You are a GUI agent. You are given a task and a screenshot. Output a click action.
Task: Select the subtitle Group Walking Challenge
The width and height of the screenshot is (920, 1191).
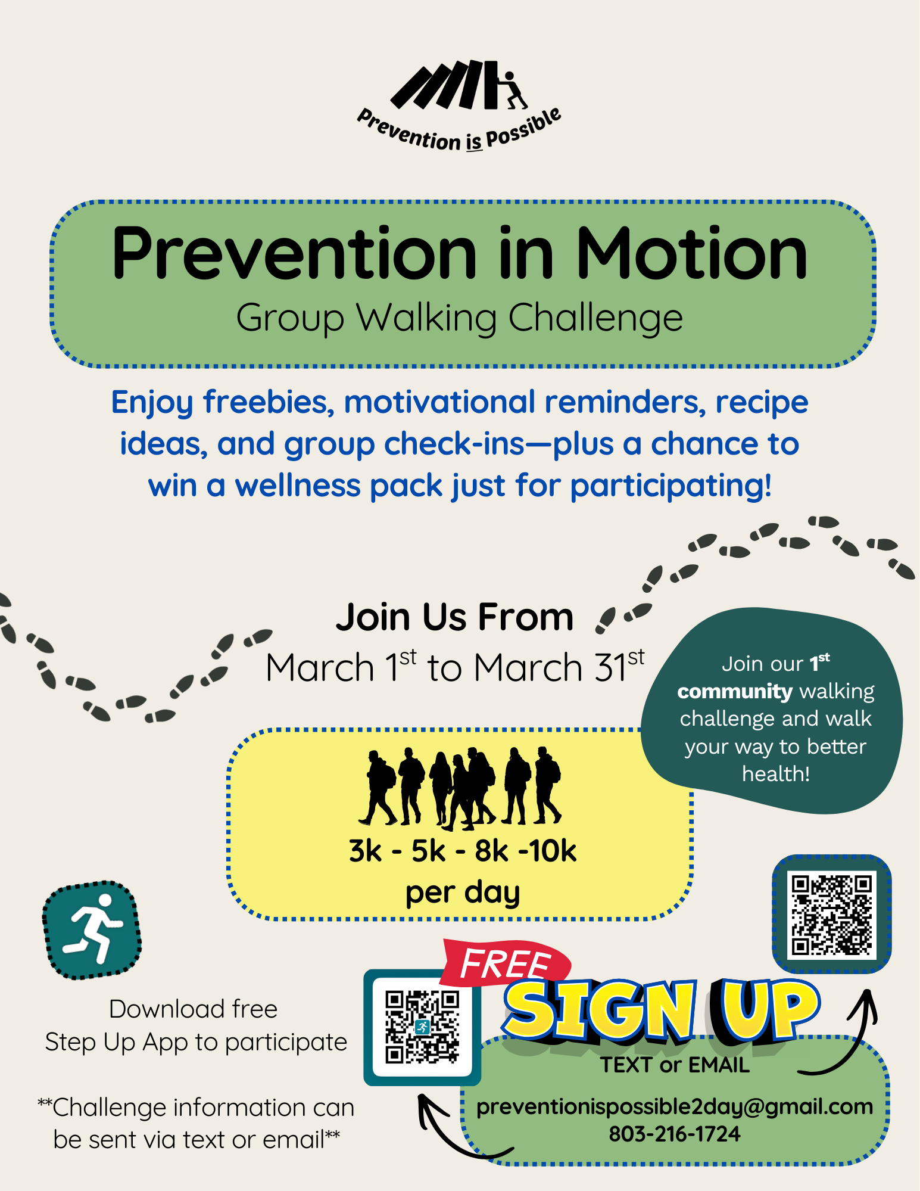point(459,318)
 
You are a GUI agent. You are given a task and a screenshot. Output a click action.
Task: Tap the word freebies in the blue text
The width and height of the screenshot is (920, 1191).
point(268,402)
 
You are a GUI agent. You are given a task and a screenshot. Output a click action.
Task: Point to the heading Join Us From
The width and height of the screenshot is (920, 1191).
point(454,617)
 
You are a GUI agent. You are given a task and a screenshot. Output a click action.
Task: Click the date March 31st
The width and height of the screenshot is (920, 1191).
point(559,667)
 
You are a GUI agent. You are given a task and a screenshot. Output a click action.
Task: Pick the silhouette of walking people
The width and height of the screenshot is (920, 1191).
point(461,786)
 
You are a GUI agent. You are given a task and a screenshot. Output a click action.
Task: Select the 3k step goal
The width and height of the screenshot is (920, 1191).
point(365,851)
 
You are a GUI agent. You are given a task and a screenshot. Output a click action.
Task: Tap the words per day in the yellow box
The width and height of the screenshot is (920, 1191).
point(463,893)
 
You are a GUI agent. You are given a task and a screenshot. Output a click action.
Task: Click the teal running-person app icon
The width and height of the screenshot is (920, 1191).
point(92,930)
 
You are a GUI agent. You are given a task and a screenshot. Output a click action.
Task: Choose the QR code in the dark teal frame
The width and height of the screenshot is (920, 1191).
point(832,915)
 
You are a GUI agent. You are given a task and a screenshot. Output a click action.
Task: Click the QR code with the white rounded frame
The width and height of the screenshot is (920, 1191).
point(422,1027)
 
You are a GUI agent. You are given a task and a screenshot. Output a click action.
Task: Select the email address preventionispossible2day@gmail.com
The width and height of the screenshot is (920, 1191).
point(674,1106)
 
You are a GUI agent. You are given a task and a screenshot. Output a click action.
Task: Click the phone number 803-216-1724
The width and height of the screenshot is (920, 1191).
point(674,1134)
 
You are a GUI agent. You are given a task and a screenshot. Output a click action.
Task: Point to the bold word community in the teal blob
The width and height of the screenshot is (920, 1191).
point(734,692)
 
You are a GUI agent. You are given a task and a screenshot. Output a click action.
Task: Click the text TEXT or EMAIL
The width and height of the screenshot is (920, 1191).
point(674,1065)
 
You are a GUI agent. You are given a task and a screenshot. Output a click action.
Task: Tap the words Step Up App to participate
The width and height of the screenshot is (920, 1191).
point(196,1042)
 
